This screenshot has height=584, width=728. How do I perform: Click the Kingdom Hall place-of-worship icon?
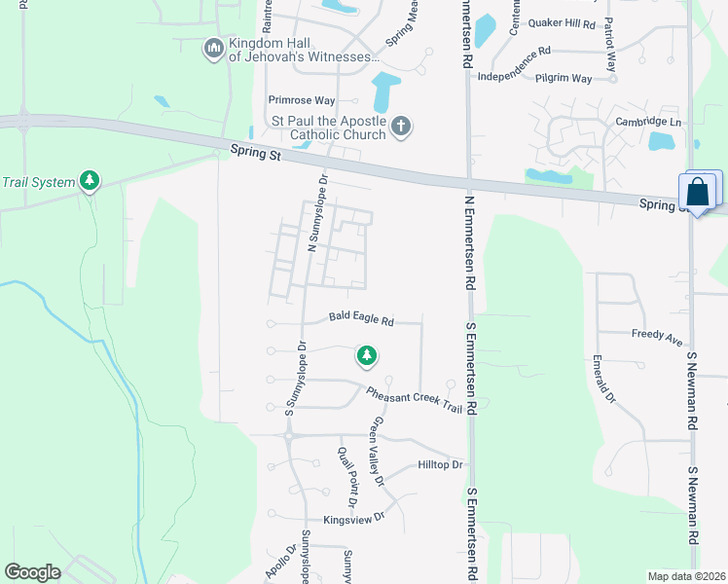[214, 48]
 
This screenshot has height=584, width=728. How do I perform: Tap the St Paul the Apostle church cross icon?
[401, 125]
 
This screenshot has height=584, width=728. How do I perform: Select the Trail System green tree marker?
[90, 181]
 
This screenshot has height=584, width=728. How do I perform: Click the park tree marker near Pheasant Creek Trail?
[366, 356]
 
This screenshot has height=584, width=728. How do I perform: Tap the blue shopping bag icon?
[699, 192]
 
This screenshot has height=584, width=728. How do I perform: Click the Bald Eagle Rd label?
[360, 318]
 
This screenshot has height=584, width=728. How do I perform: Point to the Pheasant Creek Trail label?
[413, 399]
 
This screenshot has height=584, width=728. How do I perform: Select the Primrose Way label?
[302, 100]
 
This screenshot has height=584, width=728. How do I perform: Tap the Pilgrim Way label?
[568, 78]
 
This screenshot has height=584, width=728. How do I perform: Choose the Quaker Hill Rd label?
[560, 21]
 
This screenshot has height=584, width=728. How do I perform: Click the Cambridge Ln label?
[648, 122]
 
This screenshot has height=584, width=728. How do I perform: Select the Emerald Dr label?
[603, 380]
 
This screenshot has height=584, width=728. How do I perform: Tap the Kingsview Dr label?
[354, 519]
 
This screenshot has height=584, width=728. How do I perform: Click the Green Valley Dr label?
[377, 452]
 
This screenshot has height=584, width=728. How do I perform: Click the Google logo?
[32, 572]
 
